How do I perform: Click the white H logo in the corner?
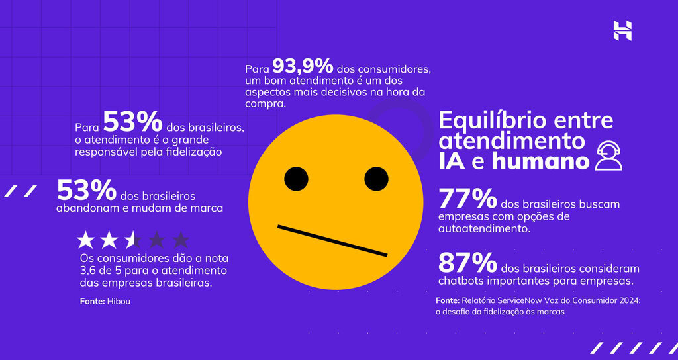pos(622,30)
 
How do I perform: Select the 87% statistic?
pos(467,265)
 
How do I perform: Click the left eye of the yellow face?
pos(296,178)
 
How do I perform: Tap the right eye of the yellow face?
pos(376,178)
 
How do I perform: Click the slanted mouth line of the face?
pos(332,241)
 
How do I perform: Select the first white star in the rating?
pos(86,240)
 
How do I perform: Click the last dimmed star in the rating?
pos(180,240)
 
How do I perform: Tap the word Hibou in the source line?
pos(120,302)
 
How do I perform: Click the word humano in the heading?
pos(540,161)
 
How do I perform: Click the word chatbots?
pos(461,281)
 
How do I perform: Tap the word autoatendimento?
pos(484,229)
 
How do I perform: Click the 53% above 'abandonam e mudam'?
pos(86,191)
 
